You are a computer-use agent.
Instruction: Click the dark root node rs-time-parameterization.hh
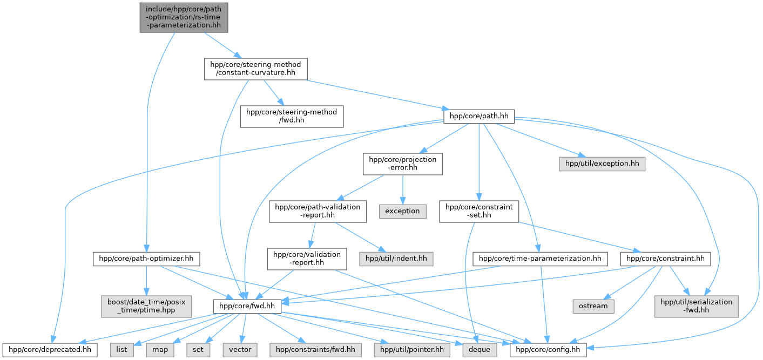pyautogui.click(x=184, y=18)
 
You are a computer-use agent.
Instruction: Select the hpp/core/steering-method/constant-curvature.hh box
pyautogui.click(x=255, y=69)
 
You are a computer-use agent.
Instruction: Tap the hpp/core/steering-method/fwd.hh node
pyautogui.click(x=292, y=117)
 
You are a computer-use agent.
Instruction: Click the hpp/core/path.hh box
pyautogui.click(x=479, y=117)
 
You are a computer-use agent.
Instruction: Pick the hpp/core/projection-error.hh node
pyautogui.click(x=403, y=164)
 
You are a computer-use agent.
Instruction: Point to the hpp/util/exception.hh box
pyautogui.click(x=602, y=164)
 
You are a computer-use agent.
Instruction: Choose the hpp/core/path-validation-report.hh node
pyautogui.click(x=318, y=212)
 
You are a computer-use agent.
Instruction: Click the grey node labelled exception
pyautogui.click(x=402, y=212)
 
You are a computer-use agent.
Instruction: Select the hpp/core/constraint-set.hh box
pyautogui.click(x=479, y=212)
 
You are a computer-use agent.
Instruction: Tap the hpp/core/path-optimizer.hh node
pyautogui.click(x=146, y=259)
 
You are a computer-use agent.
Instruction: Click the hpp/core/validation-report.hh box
pyautogui.click(x=307, y=259)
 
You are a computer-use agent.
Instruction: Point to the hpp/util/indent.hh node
pyautogui.click(x=396, y=259)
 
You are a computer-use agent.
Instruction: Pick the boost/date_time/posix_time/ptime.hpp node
pyautogui.click(x=146, y=306)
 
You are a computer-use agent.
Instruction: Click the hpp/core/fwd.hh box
pyautogui.click(x=247, y=306)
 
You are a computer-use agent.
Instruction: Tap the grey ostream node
pyautogui.click(x=593, y=306)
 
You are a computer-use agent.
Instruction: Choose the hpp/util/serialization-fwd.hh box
pyautogui.click(x=696, y=306)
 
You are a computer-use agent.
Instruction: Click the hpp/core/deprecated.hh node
pyautogui.click(x=50, y=350)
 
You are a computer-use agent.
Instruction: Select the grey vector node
pyautogui.click(x=240, y=350)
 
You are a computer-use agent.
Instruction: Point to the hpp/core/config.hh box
pyautogui.click(x=548, y=350)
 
